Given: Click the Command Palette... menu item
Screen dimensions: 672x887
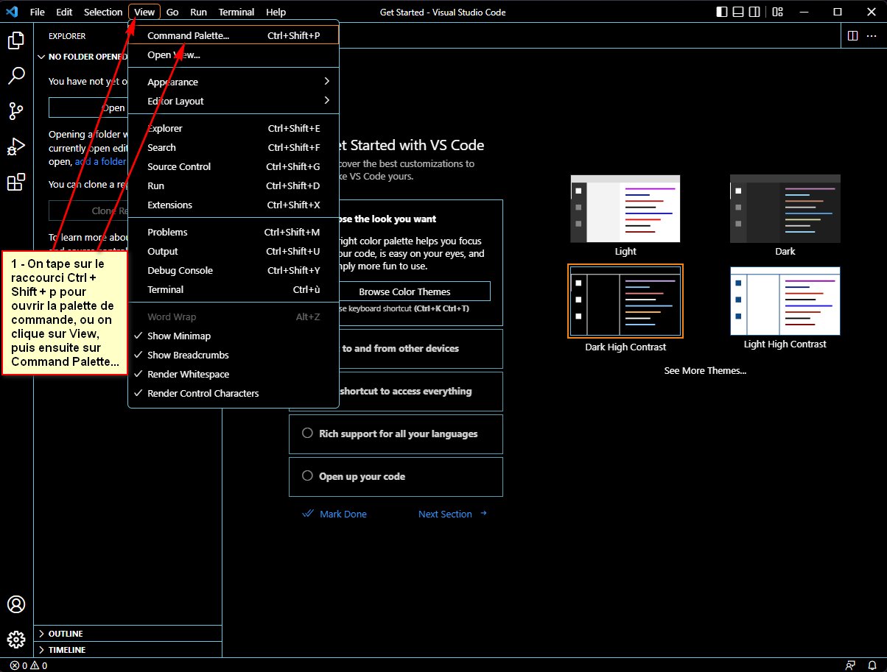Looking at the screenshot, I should [x=188, y=35].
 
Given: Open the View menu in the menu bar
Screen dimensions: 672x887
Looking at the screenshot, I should [x=144, y=12].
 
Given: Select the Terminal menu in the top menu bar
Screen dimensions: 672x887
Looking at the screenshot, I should [x=236, y=12].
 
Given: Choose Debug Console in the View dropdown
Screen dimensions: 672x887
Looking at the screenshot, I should [x=180, y=270].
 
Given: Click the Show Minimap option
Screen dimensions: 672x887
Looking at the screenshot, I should [x=179, y=336].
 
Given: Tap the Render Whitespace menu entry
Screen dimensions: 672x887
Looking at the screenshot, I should [x=188, y=374].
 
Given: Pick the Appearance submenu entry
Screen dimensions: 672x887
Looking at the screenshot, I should [x=172, y=82].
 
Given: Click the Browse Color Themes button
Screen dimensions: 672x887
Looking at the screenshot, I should [x=404, y=291].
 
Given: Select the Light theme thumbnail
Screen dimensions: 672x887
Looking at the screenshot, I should [x=625, y=209].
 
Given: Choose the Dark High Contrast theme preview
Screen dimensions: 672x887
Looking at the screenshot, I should [x=625, y=301].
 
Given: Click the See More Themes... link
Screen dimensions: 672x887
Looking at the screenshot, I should [x=705, y=370].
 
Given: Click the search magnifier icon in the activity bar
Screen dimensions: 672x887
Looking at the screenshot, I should [x=16, y=76].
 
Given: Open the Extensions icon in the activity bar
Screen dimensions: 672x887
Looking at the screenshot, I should [x=16, y=183].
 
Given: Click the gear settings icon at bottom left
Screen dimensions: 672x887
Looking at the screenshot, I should [x=16, y=639].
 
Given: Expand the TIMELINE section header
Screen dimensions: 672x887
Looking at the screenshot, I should [x=66, y=650].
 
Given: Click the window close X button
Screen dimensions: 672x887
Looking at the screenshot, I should [x=870, y=12].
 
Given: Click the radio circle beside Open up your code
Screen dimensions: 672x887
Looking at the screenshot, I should [x=308, y=476].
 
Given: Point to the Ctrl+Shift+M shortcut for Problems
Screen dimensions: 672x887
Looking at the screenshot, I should [x=292, y=232].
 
